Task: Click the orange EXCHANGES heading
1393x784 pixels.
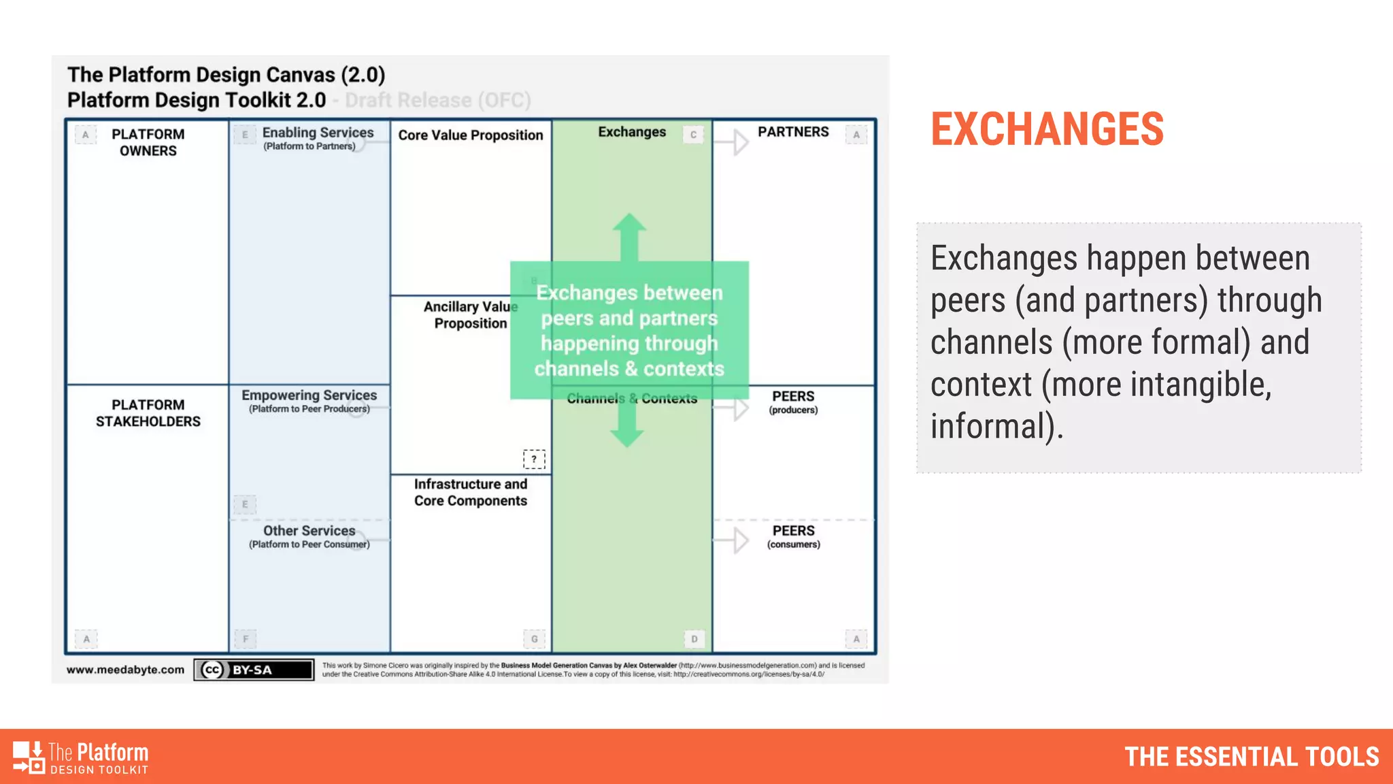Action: (1047, 129)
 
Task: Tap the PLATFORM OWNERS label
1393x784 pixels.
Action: (148, 142)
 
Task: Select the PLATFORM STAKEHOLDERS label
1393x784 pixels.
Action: (148, 413)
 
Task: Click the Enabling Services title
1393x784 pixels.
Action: (318, 133)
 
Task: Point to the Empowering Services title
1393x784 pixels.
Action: (309, 395)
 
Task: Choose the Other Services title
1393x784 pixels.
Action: (309, 531)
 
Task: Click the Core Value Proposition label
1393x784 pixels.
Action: (471, 135)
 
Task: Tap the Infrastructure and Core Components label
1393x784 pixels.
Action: (471, 492)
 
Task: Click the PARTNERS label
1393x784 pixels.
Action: (793, 132)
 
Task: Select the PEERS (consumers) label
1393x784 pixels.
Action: (793, 536)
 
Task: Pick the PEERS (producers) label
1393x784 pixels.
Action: (793, 401)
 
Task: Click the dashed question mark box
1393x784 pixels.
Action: (534, 459)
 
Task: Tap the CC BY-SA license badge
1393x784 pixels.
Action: (254, 670)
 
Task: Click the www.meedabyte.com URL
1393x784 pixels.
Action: (125, 670)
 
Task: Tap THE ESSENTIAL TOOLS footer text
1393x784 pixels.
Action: (1252, 757)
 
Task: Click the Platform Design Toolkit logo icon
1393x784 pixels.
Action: (29, 757)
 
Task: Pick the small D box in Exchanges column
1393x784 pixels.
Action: (694, 639)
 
